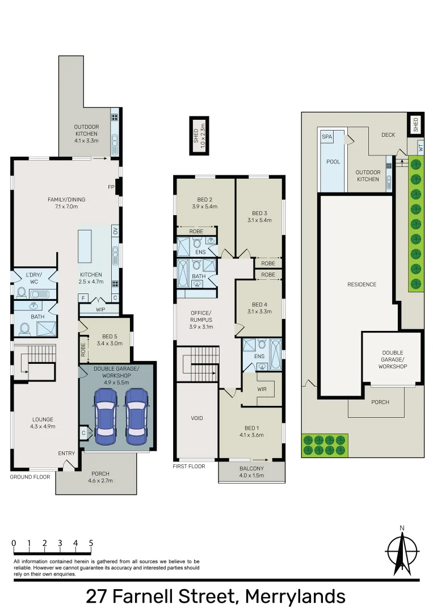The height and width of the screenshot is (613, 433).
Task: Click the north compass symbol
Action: pyautogui.click(x=402, y=551)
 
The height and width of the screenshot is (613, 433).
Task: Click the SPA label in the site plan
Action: pyautogui.click(x=327, y=137)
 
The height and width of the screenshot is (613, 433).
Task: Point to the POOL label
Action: pyautogui.click(x=333, y=162)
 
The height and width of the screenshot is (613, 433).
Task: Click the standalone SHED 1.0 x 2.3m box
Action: pyautogui.click(x=199, y=136)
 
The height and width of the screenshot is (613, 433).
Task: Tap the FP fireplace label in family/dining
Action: pyautogui.click(x=111, y=187)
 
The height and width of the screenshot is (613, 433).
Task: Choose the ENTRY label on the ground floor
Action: pyautogui.click(x=66, y=453)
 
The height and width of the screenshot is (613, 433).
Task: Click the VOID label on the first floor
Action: pyautogui.click(x=196, y=418)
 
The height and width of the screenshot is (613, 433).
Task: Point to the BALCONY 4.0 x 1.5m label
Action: pyautogui.click(x=251, y=471)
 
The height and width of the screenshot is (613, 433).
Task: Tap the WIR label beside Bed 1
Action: pyautogui.click(x=262, y=390)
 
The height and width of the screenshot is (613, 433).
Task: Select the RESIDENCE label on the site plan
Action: pyautogui.click(x=361, y=284)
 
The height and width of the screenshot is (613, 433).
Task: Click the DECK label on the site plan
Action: pyautogui.click(x=388, y=135)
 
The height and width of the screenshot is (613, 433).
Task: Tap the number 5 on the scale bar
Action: pyautogui.click(x=91, y=543)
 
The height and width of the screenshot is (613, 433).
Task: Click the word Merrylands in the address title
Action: pyautogui.click(x=295, y=597)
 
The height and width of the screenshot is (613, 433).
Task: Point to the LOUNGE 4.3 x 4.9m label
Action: pyautogui.click(x=43, y=423)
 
